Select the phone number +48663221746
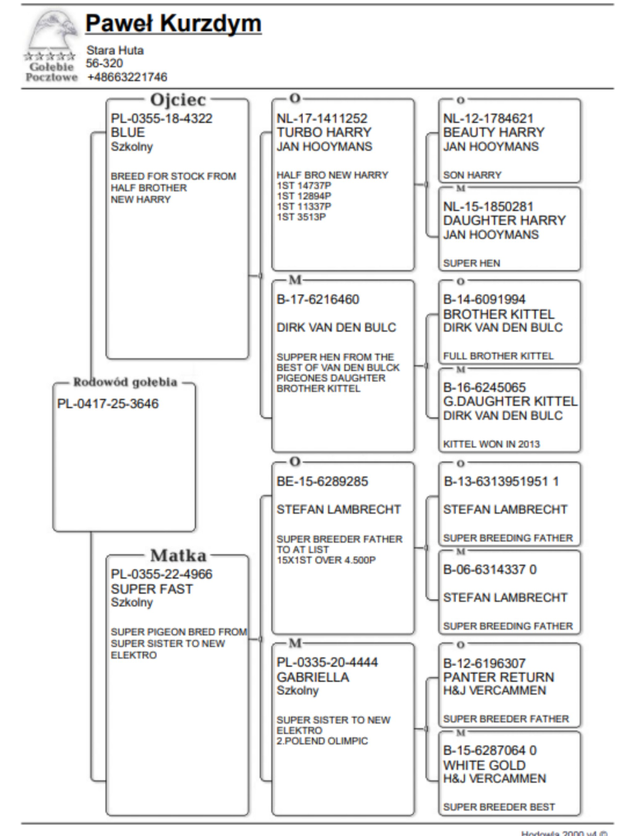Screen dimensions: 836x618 coord(127,76)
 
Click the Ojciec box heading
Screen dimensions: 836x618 coord(175,101)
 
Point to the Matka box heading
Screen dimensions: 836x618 coord(176,556)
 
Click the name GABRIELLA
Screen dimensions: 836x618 coord(310,677)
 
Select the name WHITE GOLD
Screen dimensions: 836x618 coord(480,764)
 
